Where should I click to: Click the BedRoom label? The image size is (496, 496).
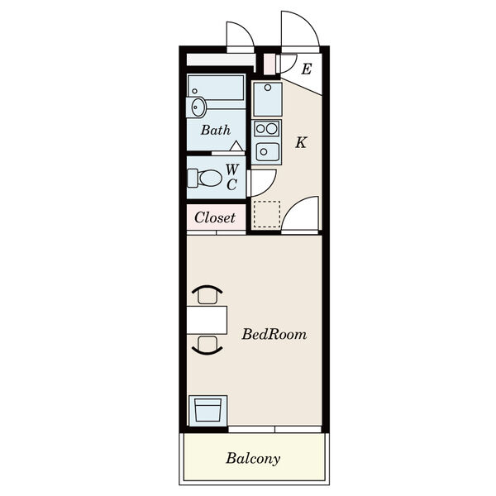point(274,334)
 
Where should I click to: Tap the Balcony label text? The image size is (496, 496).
point(253,459)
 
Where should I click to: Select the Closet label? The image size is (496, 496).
point(215,217)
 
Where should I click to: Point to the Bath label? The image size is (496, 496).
point(216,130)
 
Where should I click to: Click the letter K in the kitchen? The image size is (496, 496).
point(301,142)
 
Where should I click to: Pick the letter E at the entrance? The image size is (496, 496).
point(307,69)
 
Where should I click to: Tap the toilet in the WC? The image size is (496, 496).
point(204,178)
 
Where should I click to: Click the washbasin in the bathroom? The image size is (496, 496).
point(196,107)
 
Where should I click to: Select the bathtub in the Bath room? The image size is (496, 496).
point(216,88)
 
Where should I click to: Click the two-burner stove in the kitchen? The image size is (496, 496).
point(267,128)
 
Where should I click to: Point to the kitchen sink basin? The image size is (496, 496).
point(268,152)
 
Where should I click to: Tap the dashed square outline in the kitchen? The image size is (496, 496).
point(267,214)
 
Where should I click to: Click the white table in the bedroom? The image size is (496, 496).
point(207,320)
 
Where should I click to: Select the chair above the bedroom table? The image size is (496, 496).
point(207,295)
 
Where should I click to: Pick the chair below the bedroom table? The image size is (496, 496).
point(207,345)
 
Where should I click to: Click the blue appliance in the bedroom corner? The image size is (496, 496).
point(207,411)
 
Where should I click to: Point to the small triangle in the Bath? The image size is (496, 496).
point(236,145)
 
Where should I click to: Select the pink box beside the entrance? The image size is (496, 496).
point(269,64)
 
